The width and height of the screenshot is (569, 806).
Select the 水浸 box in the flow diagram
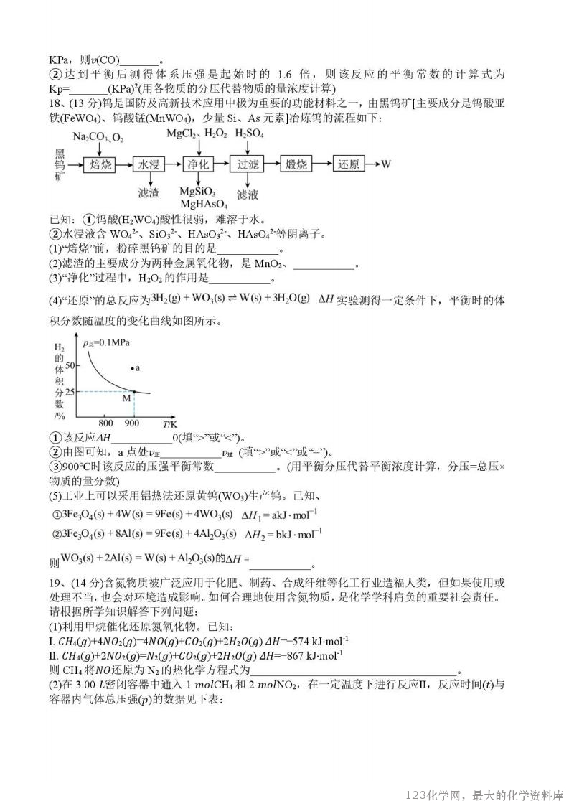coord(148,164)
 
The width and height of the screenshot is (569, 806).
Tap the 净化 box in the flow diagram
coord(197,164)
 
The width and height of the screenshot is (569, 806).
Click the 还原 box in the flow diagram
coord(349,164)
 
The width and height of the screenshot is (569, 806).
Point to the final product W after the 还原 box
coord(386,164)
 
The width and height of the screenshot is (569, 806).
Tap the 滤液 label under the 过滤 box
coord(247,194)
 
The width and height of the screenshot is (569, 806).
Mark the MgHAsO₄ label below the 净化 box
coord(199,204)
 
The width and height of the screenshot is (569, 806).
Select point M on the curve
coord(133,391)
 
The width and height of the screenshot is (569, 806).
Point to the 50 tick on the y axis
coord(70,366)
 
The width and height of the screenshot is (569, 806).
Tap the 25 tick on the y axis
coord(70,392)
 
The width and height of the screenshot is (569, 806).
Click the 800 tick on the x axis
coord(106,422)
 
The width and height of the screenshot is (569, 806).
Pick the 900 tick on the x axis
coord(133,422)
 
